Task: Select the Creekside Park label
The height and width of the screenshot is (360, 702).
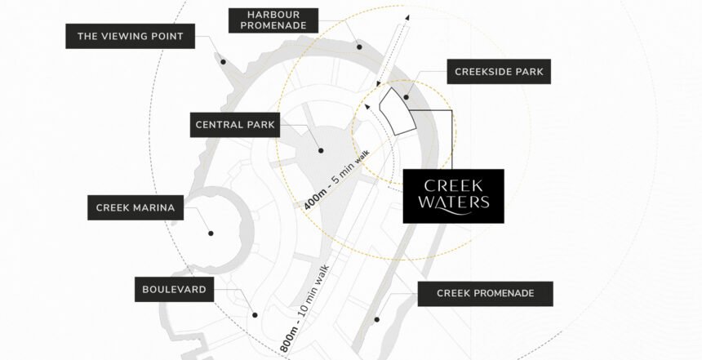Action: (500, 72)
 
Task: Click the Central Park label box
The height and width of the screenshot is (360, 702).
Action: (235, 125)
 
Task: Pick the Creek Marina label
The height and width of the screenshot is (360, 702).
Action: (136, 207)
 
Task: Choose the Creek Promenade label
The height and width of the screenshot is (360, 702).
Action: (485, 293)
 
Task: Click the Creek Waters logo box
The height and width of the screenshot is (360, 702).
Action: (454, 196)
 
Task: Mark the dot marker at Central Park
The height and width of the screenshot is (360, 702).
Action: (320, 150)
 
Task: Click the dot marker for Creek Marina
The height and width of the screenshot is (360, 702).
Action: (211, 233)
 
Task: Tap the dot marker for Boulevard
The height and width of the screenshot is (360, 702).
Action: (255, 314)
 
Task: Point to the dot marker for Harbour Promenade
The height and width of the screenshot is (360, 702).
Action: (358, 48)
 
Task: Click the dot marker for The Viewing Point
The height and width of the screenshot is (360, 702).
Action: (221, 59)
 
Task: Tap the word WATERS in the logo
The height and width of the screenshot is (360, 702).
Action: (453, 203)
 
